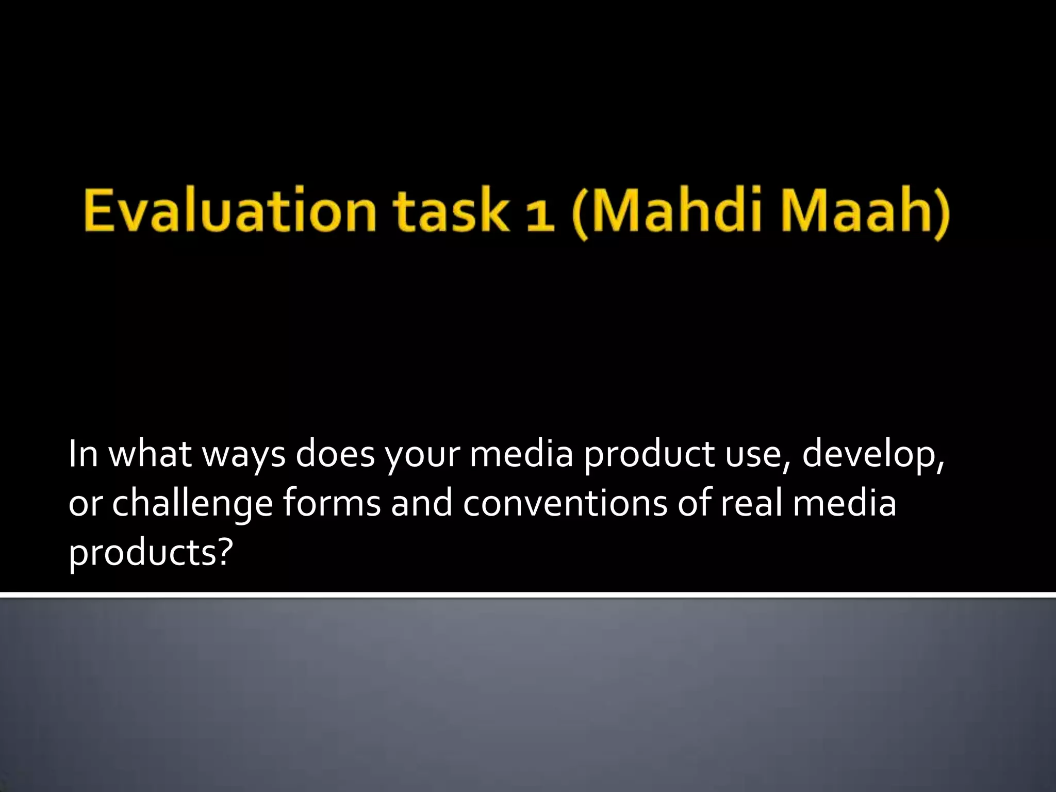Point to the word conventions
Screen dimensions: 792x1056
pos(564,503)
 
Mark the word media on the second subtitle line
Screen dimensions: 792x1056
pos(844,503)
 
